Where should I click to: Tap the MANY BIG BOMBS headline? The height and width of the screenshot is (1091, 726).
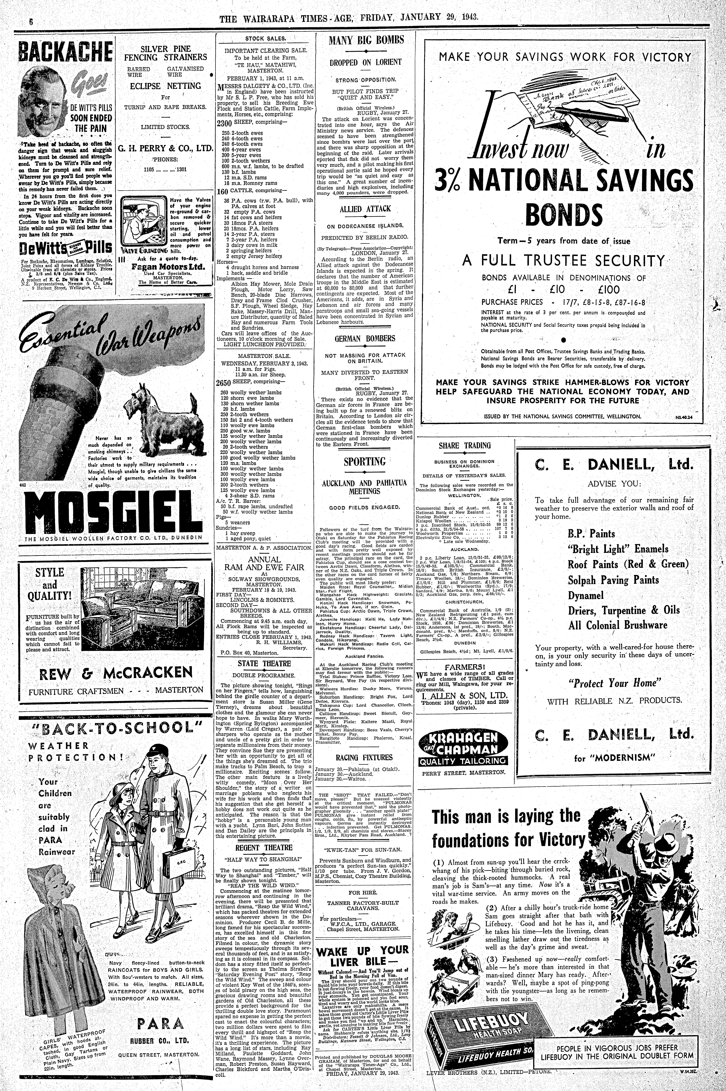point(366,40)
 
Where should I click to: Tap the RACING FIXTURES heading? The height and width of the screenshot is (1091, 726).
point(365,757)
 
